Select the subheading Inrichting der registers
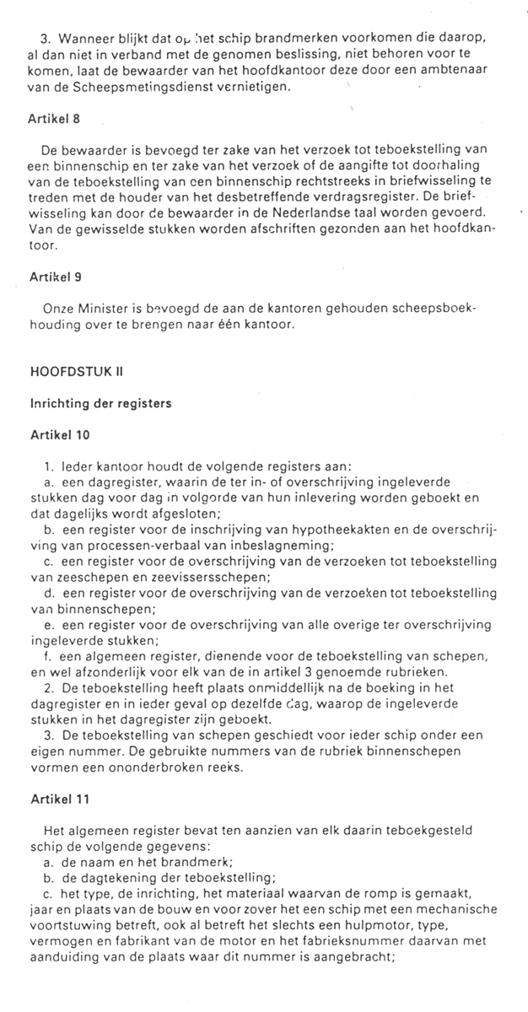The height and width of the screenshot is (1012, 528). click(100, 403)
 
